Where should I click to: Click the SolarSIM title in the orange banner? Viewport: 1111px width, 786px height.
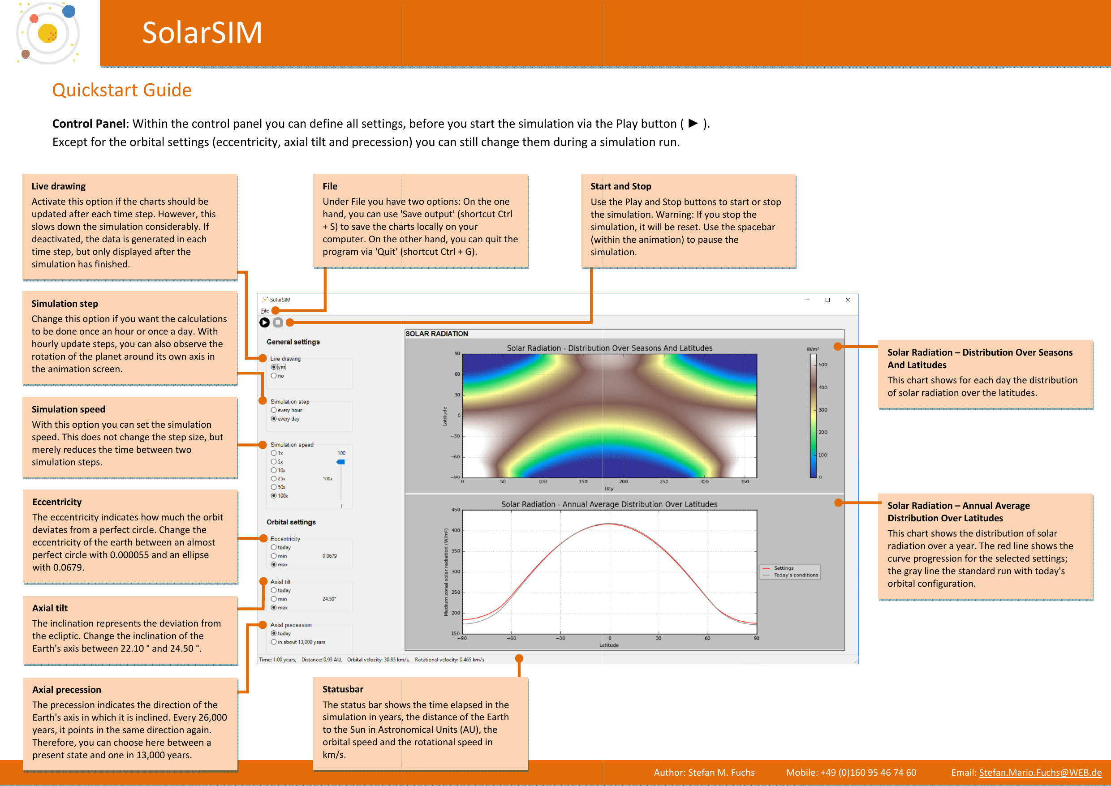click(202, 33)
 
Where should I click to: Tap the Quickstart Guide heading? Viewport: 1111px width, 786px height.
click(122, 90)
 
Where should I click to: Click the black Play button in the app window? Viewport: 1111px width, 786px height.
click(264, 322)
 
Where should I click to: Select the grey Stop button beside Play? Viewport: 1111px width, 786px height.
click(278, 322)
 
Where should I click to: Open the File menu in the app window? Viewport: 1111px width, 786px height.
click(265, 311)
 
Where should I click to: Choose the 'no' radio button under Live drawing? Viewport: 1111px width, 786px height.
click(274, 376)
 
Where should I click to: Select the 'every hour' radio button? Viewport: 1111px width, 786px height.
click(274, 410)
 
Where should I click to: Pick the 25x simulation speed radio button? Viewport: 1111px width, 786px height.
click(274, 479)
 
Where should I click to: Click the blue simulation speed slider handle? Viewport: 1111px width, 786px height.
click(341, 462)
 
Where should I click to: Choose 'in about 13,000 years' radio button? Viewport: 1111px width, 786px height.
click(274, 642)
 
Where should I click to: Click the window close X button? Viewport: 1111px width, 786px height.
click(848, 300)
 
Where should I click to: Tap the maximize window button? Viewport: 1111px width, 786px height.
click(827, 300)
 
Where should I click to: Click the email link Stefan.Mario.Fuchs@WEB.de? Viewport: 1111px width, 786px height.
click(1040, 773)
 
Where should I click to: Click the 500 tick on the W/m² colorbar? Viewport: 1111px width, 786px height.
click(822, 365)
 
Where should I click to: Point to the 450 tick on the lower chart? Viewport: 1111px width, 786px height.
click(456, 510)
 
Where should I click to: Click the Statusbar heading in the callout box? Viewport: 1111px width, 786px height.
click(343, 689)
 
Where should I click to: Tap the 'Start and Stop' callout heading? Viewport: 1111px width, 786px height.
click(620, 186)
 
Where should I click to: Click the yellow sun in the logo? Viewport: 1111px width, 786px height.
click(47, 33)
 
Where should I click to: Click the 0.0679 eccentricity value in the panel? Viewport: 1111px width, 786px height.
click(329, 556)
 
